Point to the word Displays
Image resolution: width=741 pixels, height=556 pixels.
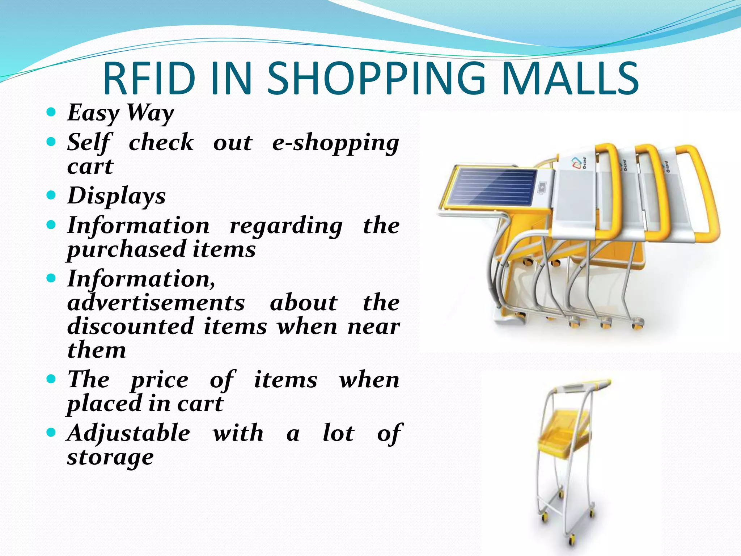(x=117, y=196)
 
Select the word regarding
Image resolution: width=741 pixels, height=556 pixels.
(x=286, y=226)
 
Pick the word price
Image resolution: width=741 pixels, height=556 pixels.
(x=160, y=380)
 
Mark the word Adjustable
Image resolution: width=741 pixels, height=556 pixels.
(x=128, y=433)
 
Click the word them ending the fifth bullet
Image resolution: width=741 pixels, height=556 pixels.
(x=97, y=350)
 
